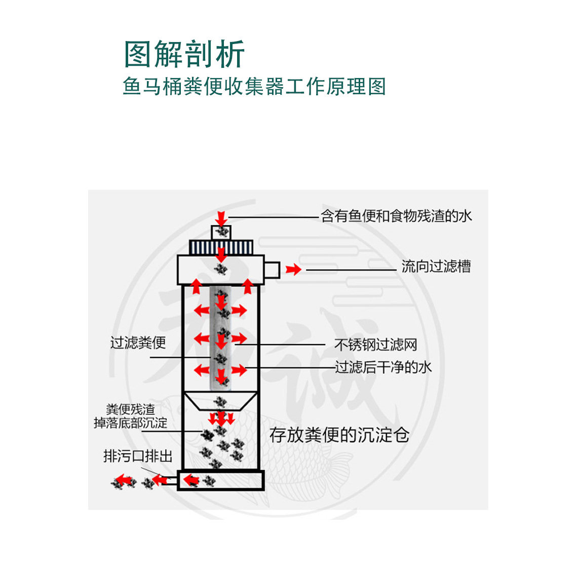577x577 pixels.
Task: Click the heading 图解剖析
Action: pyautogui.click(x=184, y=54)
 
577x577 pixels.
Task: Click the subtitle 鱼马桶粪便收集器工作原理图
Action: pyautogui.click(x=254, y=86)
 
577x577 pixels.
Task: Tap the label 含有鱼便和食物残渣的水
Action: pyautogui.click(x=397, y=216)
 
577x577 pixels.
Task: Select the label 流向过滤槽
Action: pyautogui.click(x=436, y=266)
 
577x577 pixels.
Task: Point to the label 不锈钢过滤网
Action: pyautogui.click(x=376, y=344)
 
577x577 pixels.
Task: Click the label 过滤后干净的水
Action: pyautogui.click(x=383, y=367)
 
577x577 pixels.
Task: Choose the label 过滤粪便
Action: pyautogui.click(x=138, y=342)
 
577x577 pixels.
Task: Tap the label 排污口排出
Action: pyautogui.click(x=138, y=456)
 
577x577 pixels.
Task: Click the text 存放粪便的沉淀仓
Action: pyautogui.click(x=339, y=435)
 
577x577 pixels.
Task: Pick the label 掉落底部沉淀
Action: pyautogui.click(x=130, y=423)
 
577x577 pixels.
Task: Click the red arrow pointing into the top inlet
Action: pyautogui.click(x=221, y=218)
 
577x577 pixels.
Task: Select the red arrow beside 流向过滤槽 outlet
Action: pyautogui.click(x=293, y=270)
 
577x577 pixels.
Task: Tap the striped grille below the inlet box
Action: pyautogui.click(x=221, y=247)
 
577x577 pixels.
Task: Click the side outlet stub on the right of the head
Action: pyautogui.click(x=272, y=270)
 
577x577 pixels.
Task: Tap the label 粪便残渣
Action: pyautogui.click(x=131, y=409)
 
